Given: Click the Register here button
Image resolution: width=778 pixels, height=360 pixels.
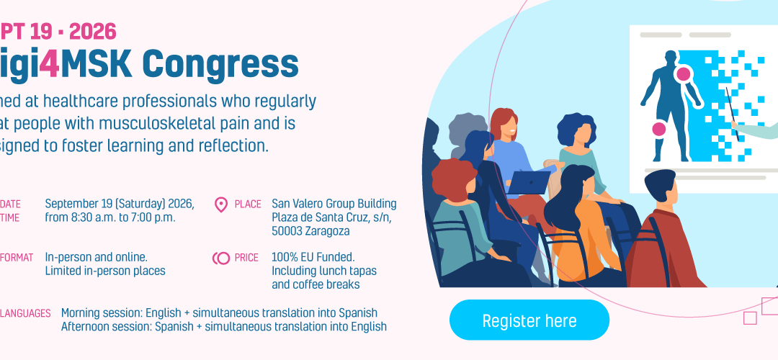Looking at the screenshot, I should pos(529,320).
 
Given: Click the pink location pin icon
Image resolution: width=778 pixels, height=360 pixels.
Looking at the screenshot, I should pos(221,205).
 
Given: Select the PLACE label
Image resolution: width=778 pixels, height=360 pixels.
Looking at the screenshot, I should pos(248,204).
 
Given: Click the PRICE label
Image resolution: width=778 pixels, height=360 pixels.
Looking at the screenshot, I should pos(246,258).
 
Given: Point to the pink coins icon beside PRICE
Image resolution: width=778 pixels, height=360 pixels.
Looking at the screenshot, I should pos(220,258).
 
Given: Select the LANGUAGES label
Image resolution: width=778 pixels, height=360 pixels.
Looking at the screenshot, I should pos(25,313).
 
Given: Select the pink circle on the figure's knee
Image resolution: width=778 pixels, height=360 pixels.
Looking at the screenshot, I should pos(658,130).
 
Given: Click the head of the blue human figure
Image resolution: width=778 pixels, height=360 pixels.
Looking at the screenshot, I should pos(671,57).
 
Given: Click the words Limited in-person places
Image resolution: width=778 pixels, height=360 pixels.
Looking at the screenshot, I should pos(105,271).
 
